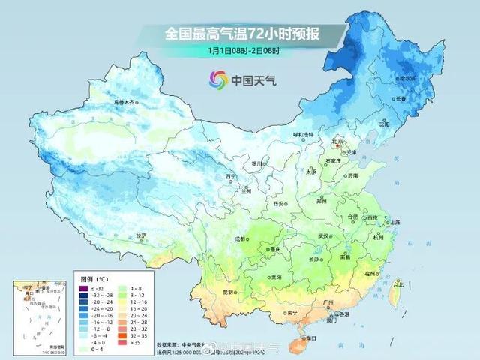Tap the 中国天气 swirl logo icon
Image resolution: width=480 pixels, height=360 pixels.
click(x=217, y=78)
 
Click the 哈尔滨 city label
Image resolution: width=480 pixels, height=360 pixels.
click(x=427, y=77)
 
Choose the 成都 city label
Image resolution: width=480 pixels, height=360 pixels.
click(x=240, y=238)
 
